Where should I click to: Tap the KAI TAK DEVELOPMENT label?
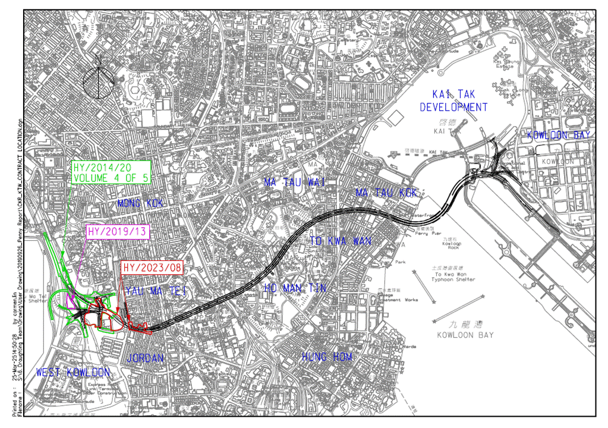pos(453,100)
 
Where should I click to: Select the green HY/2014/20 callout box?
pos(110,172)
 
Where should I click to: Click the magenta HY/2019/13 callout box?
pos(116,231)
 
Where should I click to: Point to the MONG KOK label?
pos(140,203)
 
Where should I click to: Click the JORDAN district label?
pos(145,358)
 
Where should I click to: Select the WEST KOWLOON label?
pos(73,373)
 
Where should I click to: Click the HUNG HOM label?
pos(327,357)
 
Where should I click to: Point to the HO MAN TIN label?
pos(295,288)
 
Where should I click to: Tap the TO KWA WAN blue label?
pos(341,241)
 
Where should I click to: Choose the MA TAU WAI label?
pos(295,182)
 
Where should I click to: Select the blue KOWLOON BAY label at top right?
pos(559,135)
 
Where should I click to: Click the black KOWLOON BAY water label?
pos(465,335)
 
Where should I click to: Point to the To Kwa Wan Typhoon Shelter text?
pos(455,276)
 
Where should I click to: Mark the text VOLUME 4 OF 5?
pos(110,177)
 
